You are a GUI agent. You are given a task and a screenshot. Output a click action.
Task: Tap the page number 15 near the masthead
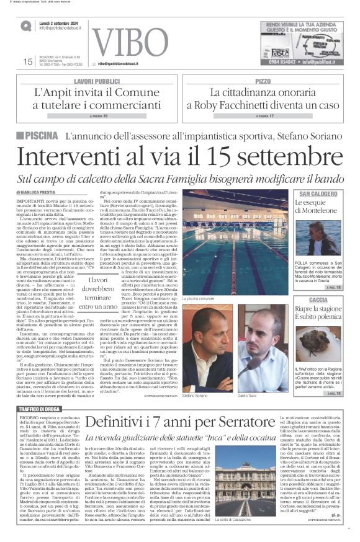coord(27,61)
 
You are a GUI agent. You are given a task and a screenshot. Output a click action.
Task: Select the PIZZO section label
coord(263,81)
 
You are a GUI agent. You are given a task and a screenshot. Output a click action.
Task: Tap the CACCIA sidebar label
coord(318,283)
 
